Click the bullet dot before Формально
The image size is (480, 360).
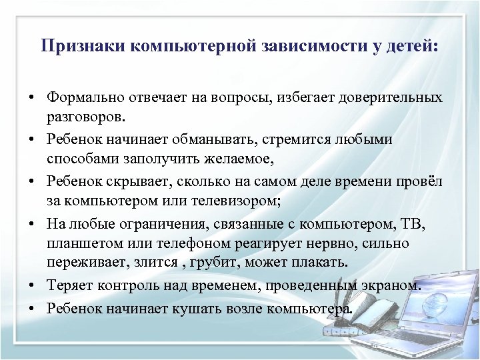[31, 98]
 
